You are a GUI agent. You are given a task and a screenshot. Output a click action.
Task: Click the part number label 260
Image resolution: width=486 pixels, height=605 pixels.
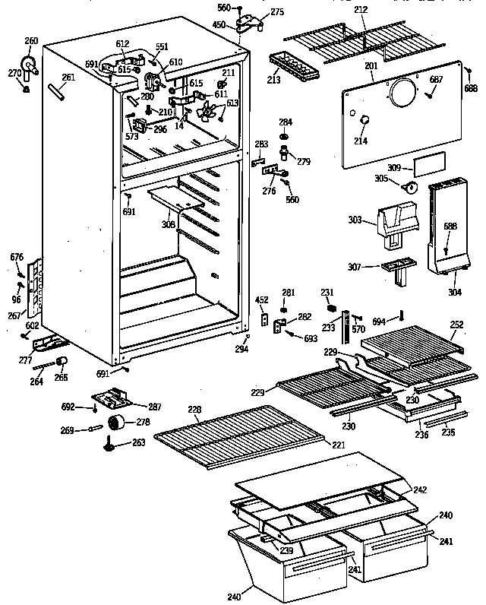click(x=30, y=41)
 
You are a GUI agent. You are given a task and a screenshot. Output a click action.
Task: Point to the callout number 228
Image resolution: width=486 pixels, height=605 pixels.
click(x=195, y=410)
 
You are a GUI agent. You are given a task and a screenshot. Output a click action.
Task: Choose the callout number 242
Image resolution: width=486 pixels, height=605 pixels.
click(x=420, y=490)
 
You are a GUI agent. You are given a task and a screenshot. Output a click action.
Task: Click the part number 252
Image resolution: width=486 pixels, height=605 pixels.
click(x=456, y=324)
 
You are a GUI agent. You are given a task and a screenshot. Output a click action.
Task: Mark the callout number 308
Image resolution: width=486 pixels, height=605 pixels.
click(x=168, y=225)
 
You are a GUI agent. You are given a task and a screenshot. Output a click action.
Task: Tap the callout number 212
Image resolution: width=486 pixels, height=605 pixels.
click(x=361, y=11)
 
